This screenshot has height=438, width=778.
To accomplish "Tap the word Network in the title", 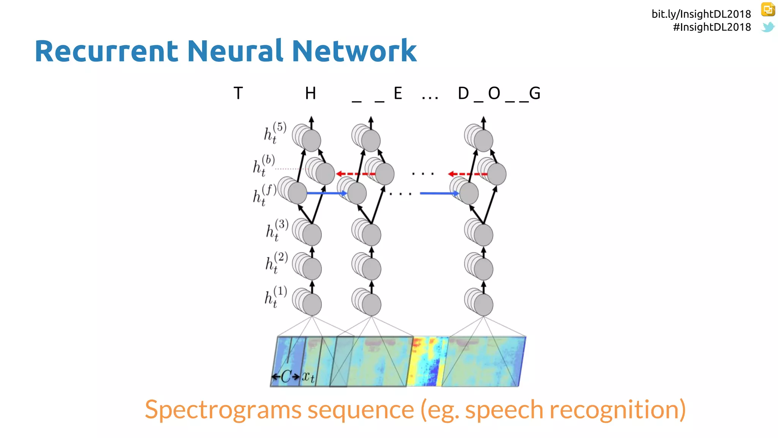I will point(354,51).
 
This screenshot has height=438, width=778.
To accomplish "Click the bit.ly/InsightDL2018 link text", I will point(701,14).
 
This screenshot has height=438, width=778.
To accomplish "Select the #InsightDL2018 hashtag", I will point(712,27).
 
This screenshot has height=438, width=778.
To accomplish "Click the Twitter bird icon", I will point(768,27).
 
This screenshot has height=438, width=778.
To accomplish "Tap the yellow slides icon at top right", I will point(768,10).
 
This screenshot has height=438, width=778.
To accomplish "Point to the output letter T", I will point(238,94).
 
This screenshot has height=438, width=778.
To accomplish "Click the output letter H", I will point(310,94).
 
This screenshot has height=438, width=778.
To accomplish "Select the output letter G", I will point(534,94).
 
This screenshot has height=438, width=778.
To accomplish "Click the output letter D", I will point(463,94).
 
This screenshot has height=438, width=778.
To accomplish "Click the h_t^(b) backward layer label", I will point(264,165).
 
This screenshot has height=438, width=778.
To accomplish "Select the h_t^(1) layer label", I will point(275,297).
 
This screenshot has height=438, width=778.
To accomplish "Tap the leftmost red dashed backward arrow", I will point(356,174).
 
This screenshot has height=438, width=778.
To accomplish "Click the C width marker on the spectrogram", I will point(286,377).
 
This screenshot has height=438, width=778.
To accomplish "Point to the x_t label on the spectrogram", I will point(308,377).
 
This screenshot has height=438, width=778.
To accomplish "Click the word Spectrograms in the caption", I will point(223,410).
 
